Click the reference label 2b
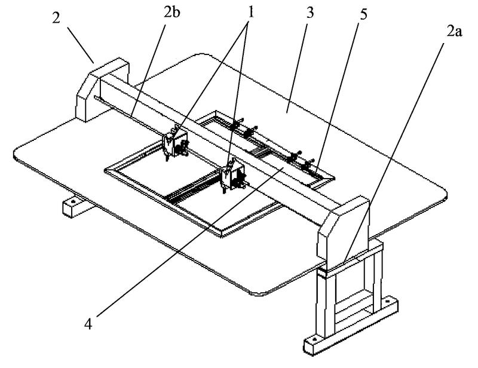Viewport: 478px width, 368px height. tap(171, 13)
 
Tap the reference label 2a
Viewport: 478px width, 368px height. tap(455, 32)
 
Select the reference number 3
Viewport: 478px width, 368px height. tap(310, 13)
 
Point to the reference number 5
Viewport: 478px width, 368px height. tap(363, 14)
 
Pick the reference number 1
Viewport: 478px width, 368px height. tap(250, 13)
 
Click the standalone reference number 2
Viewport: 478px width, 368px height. tap(56, 19)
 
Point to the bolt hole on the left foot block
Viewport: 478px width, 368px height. tap(73, 201)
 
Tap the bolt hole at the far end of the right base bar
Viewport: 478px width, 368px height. tap(387, 301)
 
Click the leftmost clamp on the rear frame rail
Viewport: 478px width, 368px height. tap(235, 125)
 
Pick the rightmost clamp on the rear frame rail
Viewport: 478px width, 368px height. tap(308, 165)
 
